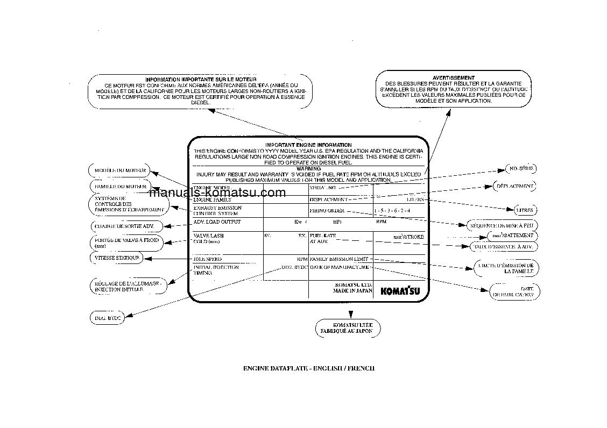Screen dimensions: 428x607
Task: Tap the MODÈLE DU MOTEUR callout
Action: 114,170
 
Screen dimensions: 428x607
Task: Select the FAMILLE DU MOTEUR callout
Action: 113,187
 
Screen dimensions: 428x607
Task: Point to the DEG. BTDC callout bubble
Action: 107,318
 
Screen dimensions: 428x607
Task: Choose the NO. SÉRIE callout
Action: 521,169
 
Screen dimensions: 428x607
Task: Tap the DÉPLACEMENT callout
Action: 515,187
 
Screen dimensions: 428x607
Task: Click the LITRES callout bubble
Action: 524,210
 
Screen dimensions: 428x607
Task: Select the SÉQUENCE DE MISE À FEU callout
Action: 502,225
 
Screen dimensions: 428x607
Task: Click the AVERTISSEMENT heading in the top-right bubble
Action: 454,77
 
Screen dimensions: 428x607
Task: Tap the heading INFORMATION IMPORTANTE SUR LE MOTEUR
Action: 197,80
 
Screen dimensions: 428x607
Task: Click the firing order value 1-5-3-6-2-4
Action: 392,211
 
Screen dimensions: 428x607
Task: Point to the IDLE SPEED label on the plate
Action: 207,259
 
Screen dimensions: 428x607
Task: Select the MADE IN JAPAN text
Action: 352,290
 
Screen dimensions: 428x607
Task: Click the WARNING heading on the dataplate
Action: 308,169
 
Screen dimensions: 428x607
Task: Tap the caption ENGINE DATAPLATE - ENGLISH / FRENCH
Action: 308,368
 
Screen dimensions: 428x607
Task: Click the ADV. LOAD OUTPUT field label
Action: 217,222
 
